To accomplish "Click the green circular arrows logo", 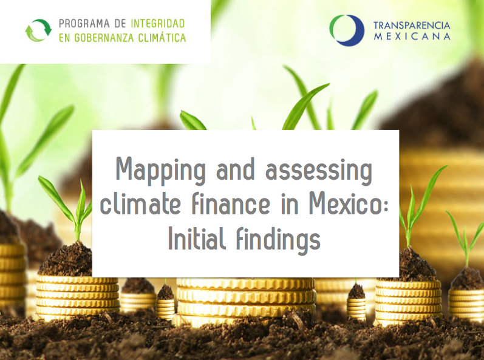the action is click(x=38, y=30).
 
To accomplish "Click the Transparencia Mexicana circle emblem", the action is click(x=347, y=30).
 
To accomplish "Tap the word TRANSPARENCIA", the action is click(x=412, y=25).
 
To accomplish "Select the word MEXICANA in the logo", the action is click(x=412, y=36).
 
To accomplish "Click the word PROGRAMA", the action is click(x=84, y=24).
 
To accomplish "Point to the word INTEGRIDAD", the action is click(x=158, y=24).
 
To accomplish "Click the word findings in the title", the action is click(x=278, y=240).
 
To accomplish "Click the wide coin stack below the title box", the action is click(x=246, y=300).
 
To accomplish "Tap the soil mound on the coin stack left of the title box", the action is click(x=66, y=259).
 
